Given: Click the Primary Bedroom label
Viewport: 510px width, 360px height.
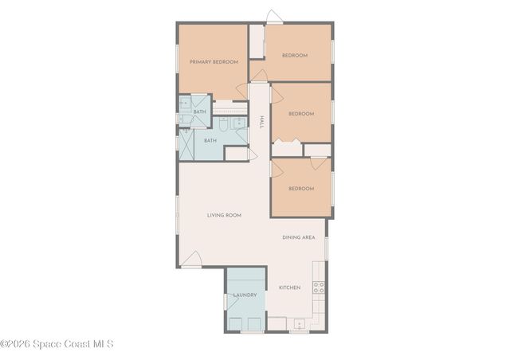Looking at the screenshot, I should [x=214, y=61].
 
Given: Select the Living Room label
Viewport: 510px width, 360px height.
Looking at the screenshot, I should [x=224, y=215].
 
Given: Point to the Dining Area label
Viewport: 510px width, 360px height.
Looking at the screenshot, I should [x=299, y=237].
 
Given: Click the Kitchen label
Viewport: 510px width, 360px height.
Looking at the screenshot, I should [x=289, y=287].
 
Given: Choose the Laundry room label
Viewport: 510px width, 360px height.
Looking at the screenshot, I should [x=245, y=295].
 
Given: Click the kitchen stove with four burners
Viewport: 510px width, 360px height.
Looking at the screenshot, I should [x=319, y=288].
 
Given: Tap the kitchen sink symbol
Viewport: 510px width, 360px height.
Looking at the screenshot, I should [x=298, y=323].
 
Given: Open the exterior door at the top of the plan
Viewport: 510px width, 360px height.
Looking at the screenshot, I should [x=274, y=17].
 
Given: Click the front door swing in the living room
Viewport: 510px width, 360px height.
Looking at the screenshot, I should [x=190, y=260].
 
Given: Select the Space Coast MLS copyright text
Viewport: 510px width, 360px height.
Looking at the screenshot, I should [x=57, y=344].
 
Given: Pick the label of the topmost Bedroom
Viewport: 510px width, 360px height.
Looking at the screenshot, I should [x=294, y=56].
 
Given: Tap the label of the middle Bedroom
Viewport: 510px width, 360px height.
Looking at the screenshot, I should [x=300, y=114].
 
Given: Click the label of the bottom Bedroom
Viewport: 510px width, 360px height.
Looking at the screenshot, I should [x=300, y=189].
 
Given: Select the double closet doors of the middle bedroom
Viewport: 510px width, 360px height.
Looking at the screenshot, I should [x=287, y=144].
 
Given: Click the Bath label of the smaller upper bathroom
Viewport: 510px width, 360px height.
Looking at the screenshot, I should [x=199, y=112].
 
